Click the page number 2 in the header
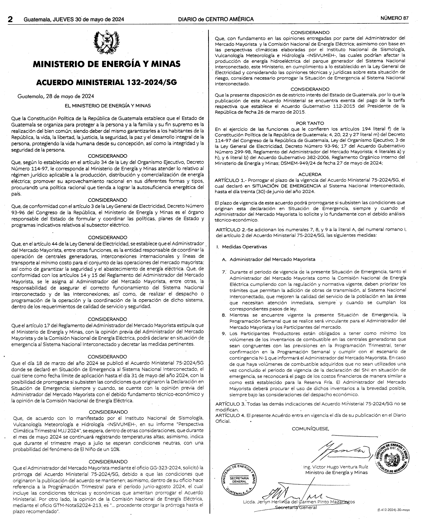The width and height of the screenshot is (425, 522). click(x=11, y=19)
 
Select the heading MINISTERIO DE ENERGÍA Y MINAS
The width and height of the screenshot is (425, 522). click(x=107, y=64)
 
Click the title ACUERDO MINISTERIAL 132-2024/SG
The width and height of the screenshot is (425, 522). click(x=107, y=82)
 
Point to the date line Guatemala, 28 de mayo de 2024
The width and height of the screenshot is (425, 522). click(x=56, y=96)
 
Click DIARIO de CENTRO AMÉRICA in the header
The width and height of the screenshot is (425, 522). click(x=216, y=19)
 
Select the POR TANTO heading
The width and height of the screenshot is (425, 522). click(x=310, y=123)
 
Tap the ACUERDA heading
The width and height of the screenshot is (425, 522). click(x=310, y=175)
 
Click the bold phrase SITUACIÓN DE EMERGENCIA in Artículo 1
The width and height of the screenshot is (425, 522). click(x=287, y=186)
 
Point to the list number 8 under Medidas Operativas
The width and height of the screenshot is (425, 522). click(x=224, y=315)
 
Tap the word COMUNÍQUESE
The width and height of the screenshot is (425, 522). click(x=310, y=429)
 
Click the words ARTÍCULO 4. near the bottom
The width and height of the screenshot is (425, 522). click(x=230, y=415)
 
